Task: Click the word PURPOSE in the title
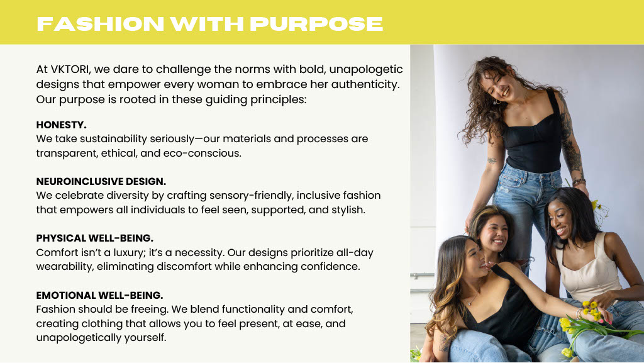(317, 24)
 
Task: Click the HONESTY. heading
(61, 125)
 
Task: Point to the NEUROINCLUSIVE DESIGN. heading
(101, 181)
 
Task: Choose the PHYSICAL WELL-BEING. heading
(94, 238)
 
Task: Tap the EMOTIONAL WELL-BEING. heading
(99, 295)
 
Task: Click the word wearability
(65, 267)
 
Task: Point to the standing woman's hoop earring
(497, 101)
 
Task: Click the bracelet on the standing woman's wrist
(579, 181)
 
